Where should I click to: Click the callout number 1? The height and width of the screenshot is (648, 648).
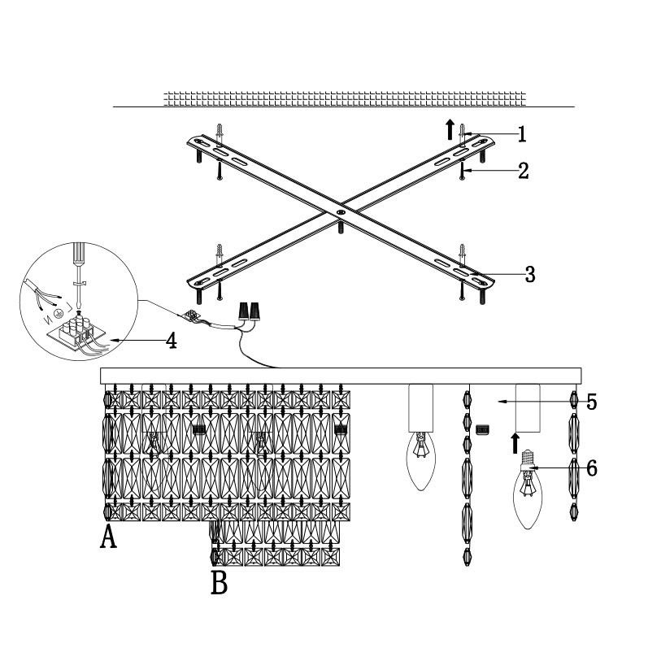[x=522, y=133]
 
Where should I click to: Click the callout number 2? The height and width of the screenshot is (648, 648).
[x=523, y=171]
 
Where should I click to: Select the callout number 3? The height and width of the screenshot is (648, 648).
[x=529, y=274]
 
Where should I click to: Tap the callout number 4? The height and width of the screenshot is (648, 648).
[x=171, y=340]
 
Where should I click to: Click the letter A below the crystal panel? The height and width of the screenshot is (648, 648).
[x=107, y=537]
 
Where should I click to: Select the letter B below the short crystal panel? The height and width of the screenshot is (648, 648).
[x=219, y=582]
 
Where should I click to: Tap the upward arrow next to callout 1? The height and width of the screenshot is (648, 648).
[x=449, y=128]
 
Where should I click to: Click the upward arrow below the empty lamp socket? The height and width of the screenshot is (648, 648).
[x=514, y=442]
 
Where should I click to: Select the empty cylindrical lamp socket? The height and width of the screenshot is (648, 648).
[x=528, y=407]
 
